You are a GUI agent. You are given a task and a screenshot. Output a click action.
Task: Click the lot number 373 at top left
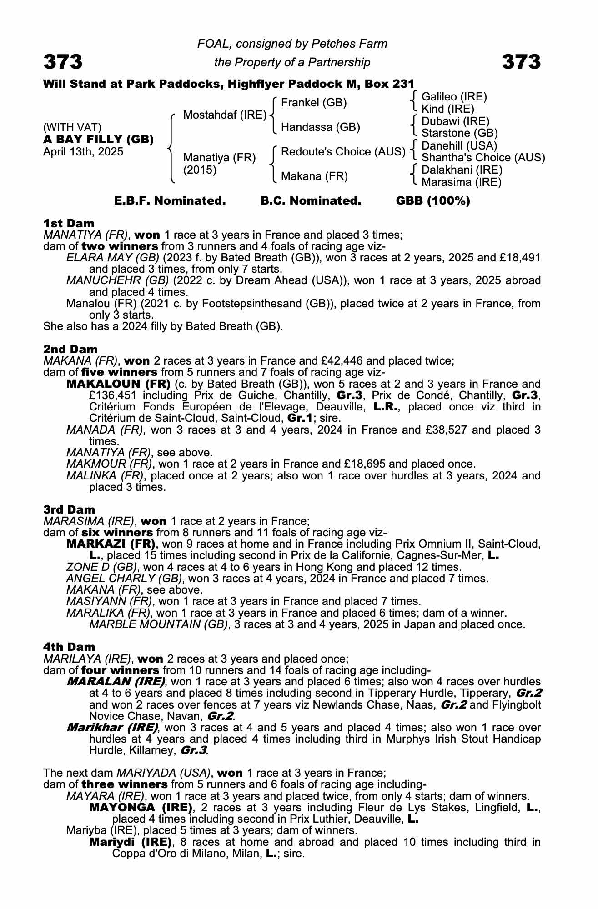click(63, 62)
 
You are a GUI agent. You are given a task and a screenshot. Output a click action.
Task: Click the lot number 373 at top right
click(521, 62)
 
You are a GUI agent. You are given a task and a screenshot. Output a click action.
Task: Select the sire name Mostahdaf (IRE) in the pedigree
click(225, 115)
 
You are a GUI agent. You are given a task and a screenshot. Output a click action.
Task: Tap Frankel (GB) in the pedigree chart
click(314, 103)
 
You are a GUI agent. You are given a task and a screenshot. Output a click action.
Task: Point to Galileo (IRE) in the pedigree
click(454, 96)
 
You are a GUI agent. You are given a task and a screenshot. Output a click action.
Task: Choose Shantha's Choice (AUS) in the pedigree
click(483, 158)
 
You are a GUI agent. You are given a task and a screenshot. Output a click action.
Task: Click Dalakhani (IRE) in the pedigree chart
click(462, 170)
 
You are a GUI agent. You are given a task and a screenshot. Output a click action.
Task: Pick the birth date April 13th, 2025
click(83, 152)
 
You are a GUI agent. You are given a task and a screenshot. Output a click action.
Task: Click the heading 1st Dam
click(69, 223)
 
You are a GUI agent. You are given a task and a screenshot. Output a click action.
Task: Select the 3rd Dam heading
click(69, 509)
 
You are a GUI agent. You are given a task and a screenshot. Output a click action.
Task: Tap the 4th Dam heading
click(69, 647)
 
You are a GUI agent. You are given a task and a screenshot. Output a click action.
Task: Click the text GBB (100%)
click(433, 201)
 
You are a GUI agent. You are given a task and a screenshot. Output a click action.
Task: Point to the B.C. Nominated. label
click(311, 201)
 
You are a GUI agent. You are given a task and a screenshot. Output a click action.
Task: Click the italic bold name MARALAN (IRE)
click(116, 682)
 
